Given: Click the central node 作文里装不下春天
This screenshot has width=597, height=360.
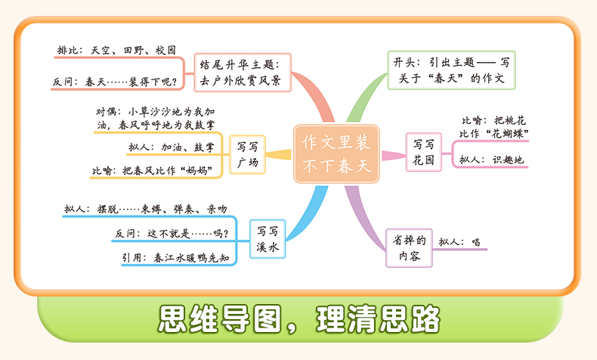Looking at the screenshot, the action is [333, 154].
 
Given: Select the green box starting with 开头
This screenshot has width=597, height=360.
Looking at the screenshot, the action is [450, 70].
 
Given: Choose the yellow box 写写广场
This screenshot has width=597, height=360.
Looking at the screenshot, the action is [246, 154].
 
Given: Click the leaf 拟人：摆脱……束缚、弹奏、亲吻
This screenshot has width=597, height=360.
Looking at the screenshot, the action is [145, 209].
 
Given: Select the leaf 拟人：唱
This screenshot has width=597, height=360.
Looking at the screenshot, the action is [459, 243].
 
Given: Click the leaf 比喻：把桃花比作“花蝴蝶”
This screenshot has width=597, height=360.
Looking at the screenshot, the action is [494, 126].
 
